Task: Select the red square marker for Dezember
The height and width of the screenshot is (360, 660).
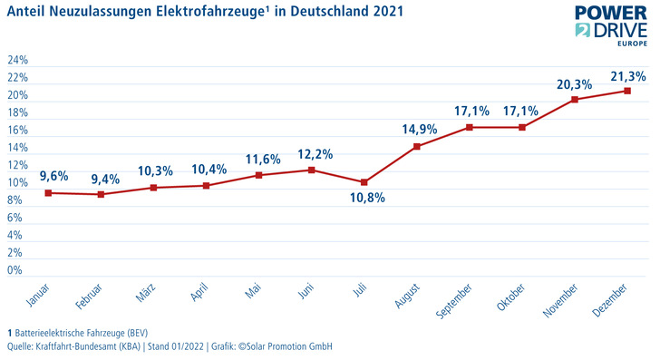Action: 627,91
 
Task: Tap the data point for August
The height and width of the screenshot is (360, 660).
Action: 416,147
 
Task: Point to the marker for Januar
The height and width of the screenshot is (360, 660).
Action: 47,192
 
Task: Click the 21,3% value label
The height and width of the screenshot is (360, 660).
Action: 627,73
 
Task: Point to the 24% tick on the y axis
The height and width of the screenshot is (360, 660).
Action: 17,61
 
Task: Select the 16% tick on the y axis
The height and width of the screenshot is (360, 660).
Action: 17,131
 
